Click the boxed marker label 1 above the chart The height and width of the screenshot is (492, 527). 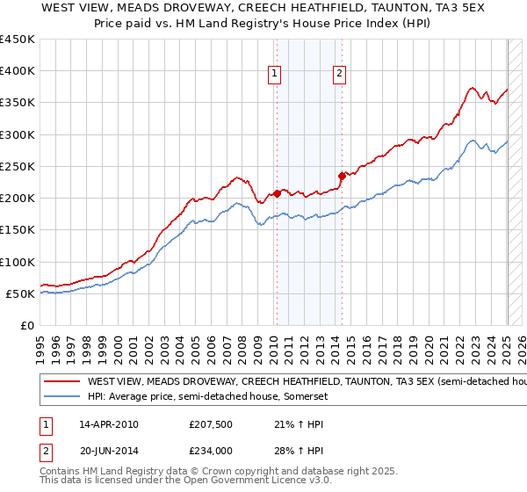(x=276, y=74)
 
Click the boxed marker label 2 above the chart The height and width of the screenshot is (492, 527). (x=339, y=74)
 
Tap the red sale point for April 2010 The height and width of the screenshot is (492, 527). (x=277, y=193)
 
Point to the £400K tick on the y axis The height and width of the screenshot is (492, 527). (x=18, y=71)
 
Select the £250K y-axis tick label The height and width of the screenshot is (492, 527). (x=18, y=166)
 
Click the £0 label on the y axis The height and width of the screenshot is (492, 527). (x=26, y=325)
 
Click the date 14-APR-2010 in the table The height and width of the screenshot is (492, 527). (x=109, y=424)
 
